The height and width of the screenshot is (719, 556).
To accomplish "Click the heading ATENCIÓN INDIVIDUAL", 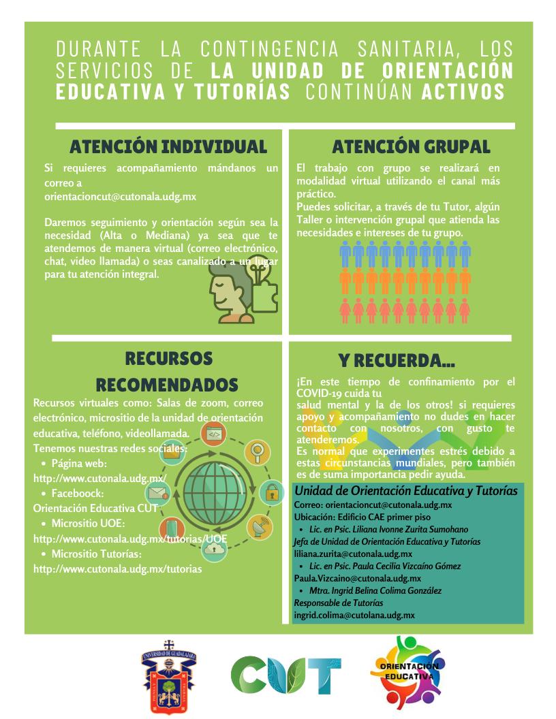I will (x=168, y=146).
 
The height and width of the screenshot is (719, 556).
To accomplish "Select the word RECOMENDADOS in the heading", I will (x=167, y=383).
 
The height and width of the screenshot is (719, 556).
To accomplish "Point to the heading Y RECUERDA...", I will (x=397, y=360).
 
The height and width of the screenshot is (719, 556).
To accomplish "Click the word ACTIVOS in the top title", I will (x=463, y=92).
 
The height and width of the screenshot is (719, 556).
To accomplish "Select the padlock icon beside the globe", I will (x=272, y=490).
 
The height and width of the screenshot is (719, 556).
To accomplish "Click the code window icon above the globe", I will (x=213, y=434).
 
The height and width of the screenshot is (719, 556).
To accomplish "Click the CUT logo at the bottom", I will (x=286, y=674).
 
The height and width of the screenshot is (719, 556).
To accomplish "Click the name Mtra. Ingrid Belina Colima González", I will (x=375, y=591).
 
